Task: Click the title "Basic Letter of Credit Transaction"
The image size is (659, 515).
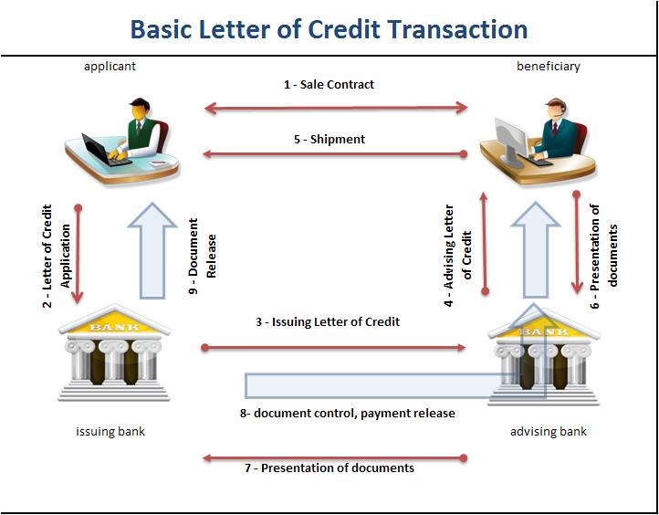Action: [329, 28]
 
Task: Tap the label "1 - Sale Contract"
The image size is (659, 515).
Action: [329, 84]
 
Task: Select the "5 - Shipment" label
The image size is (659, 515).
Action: [329, 140]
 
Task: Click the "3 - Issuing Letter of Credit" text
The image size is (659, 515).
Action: [328, 322]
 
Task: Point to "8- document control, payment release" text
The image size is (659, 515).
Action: [348, 414]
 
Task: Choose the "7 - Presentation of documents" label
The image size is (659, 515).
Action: [329, 468]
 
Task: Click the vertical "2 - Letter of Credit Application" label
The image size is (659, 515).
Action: [57, 256]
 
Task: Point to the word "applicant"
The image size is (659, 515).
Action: [110, 66]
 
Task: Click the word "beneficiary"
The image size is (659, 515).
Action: [549, 66]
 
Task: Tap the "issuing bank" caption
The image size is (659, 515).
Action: [110, 431]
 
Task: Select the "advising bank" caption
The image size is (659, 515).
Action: [549, 431]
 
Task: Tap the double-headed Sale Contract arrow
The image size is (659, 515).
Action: [336, 108]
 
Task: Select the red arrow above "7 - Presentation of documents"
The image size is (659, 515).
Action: [336, 457]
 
